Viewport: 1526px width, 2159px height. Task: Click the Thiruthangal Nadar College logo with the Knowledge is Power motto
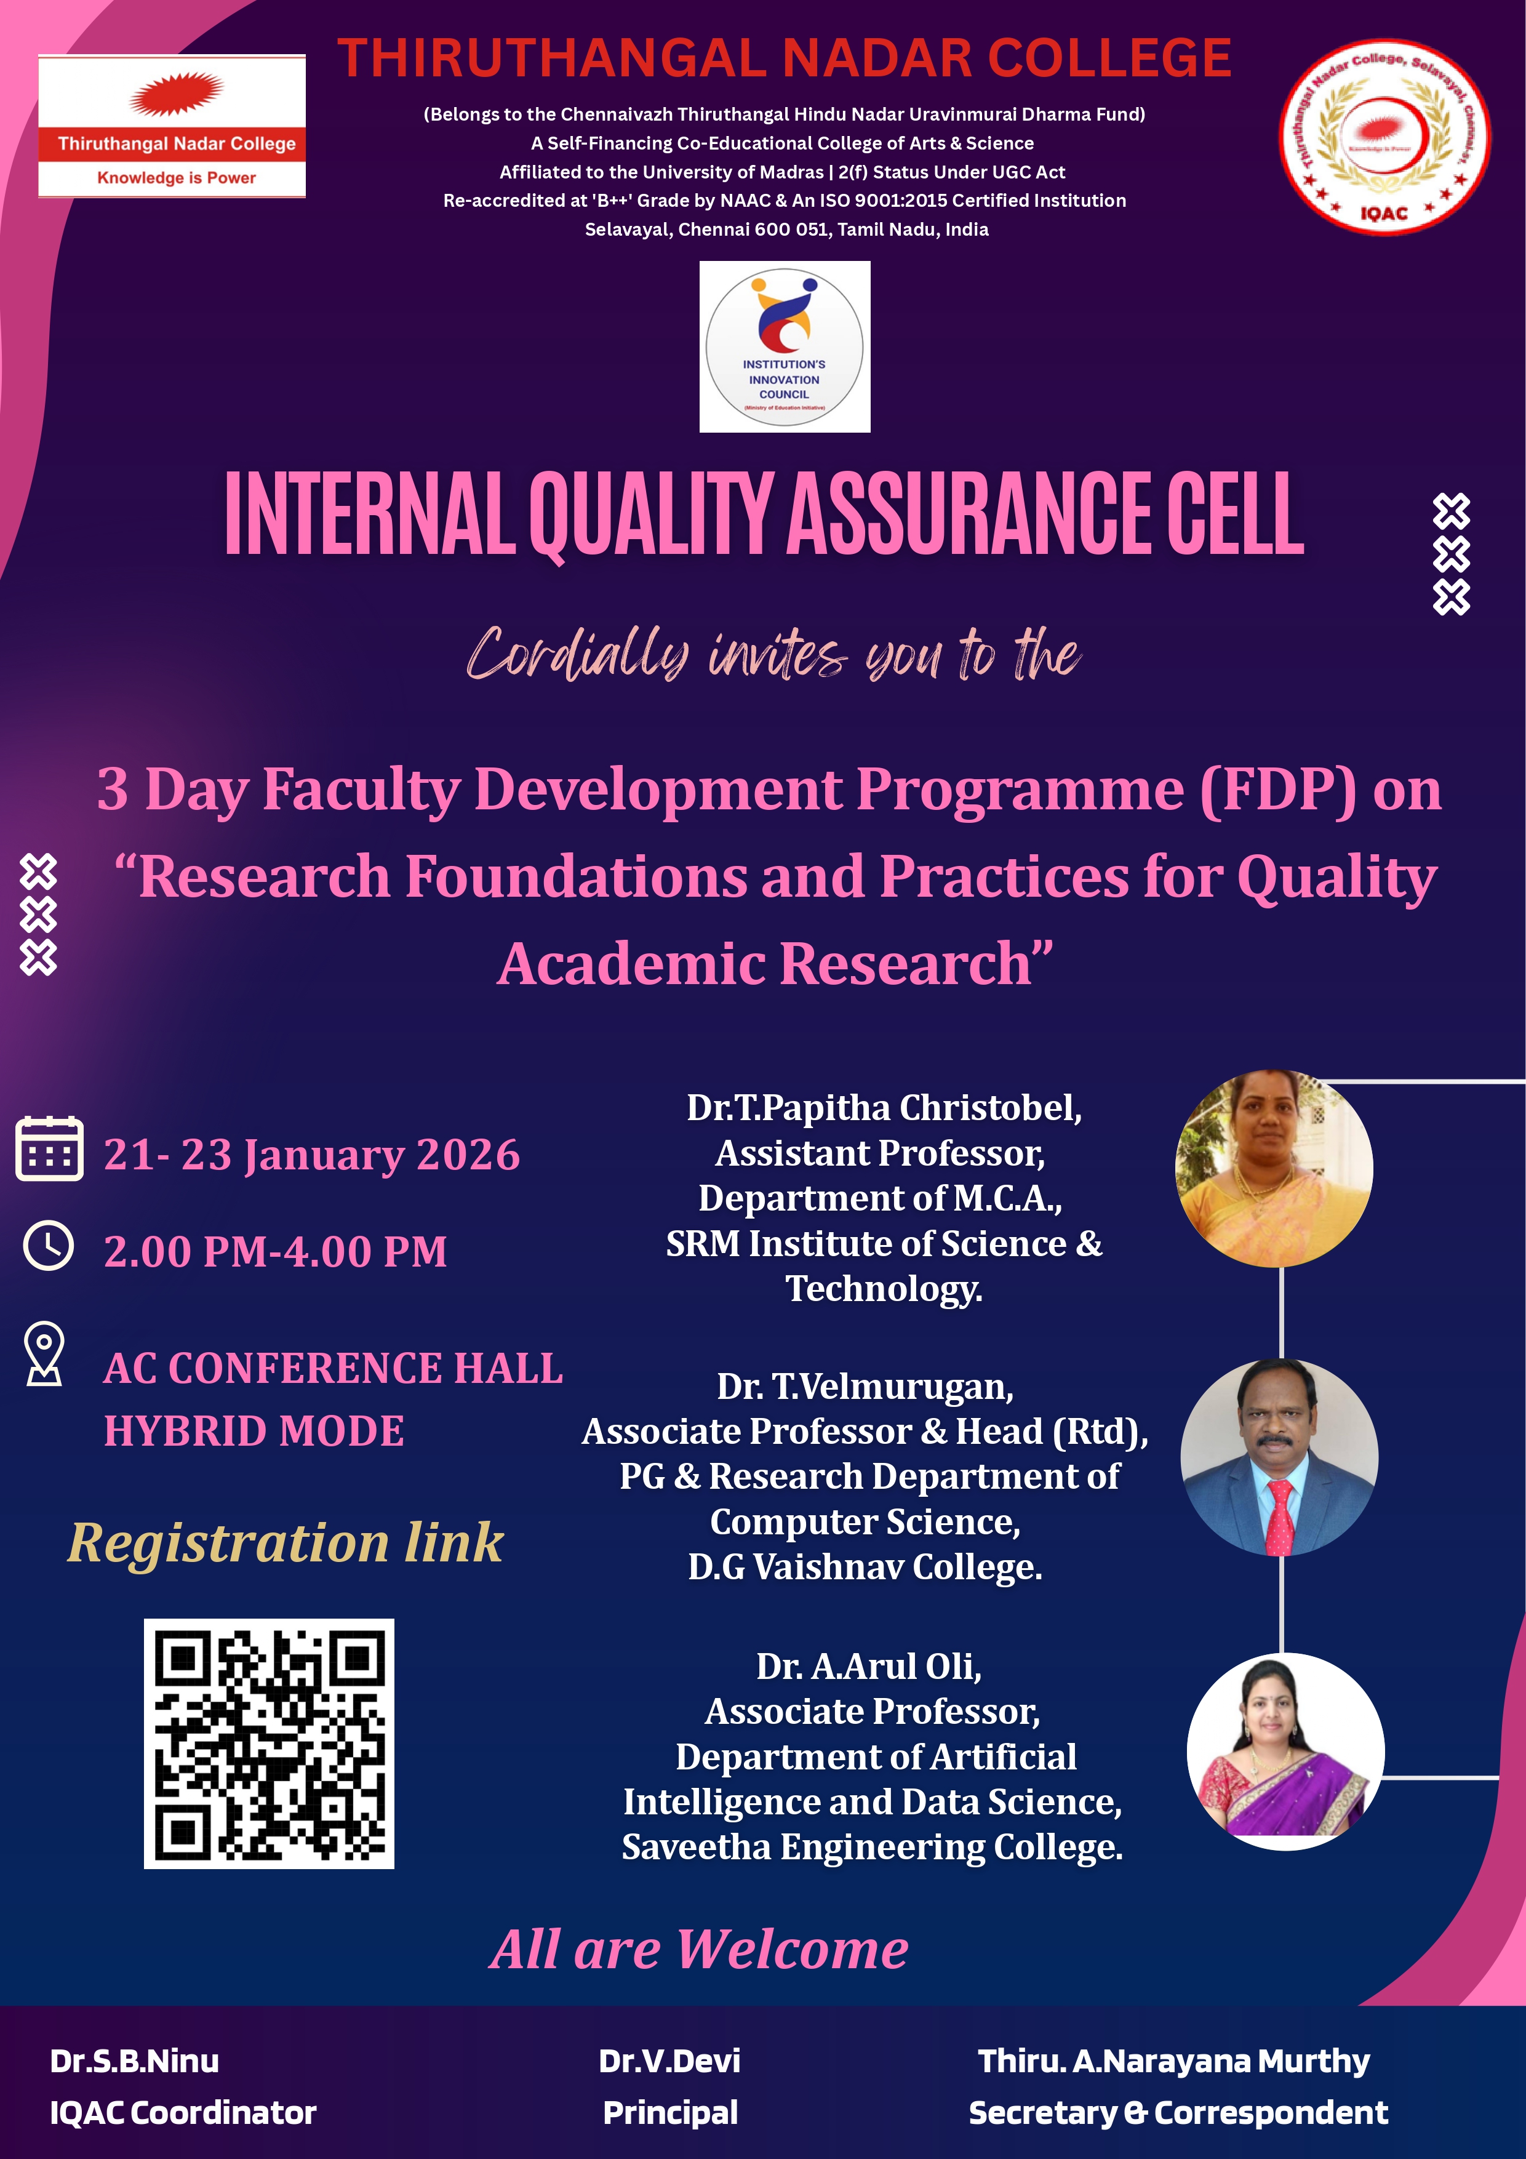172,126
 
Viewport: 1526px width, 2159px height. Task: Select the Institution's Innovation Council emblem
785,347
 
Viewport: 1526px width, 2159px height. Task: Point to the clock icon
48,1246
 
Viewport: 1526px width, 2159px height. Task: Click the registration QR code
269,1744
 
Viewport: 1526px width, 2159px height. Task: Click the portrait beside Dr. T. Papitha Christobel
1274,1168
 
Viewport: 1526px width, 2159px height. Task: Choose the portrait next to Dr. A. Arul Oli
1285,1751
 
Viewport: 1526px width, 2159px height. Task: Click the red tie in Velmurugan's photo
1279,1516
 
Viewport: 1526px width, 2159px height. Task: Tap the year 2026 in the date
468,1155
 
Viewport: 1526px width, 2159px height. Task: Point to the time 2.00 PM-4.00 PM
276,1252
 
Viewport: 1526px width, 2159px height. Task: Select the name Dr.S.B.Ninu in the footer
135,2061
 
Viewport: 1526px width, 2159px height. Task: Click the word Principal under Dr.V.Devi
670,2113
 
